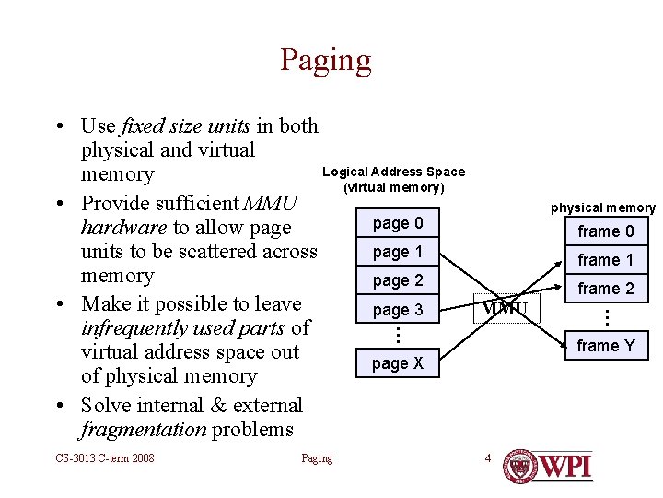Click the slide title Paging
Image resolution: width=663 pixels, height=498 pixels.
click(x=326, y=60)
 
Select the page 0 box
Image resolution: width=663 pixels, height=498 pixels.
click(x=398, y=223)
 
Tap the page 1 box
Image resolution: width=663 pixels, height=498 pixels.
click(x=398, y=252)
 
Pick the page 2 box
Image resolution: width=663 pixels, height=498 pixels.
click(x=398, y=280)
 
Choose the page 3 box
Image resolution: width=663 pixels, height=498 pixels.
click(x=398, y=310)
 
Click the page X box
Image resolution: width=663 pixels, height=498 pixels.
click(x=398, y=363)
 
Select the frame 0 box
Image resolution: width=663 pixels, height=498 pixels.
click(x=605, y=231)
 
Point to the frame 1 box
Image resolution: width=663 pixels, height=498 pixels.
click(x=605, y=260)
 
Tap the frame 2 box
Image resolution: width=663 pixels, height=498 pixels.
click(x=605, y=289)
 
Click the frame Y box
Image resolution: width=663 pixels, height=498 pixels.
click(x=605, y=346)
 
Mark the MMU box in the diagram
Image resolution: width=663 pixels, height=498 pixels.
click(x=505, y=309)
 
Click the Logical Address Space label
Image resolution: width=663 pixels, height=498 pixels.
click(x=393, y=172)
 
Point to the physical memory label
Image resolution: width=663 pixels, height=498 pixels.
click(x=603, y=208)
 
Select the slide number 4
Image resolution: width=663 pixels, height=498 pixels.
click(x=488, y=458)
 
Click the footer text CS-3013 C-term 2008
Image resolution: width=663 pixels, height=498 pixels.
click(x=104, y=458)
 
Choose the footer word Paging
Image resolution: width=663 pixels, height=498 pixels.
click(x=317, y=458)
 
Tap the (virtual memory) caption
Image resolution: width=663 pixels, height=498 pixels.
click(x=393, y=188)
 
